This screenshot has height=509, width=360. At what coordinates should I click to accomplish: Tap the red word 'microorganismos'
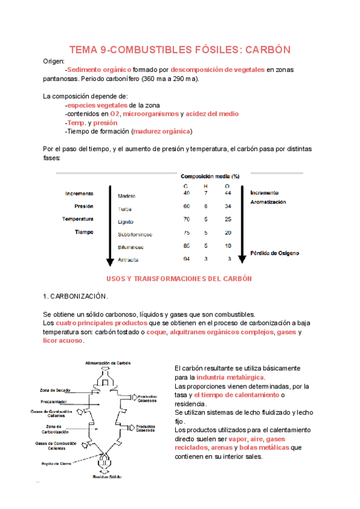tap(151, 113)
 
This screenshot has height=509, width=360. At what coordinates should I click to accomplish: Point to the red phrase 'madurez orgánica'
tap(161, 131)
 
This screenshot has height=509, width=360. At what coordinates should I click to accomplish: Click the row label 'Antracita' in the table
tap(128, 260)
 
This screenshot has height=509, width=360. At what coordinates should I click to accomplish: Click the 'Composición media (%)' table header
tap(210, 176)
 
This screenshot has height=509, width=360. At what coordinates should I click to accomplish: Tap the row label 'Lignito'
tap(125, 221)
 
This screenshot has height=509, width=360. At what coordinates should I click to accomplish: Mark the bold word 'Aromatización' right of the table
tap(268, 202)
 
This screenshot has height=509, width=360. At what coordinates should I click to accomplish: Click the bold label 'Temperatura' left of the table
tap(78, 218)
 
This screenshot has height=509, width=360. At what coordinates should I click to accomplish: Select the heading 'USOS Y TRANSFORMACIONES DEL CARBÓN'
tap(179, 279)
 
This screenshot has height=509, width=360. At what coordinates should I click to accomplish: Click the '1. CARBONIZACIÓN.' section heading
tap(76, 297)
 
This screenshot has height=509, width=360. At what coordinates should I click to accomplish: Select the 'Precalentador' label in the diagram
tap(54, 401)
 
